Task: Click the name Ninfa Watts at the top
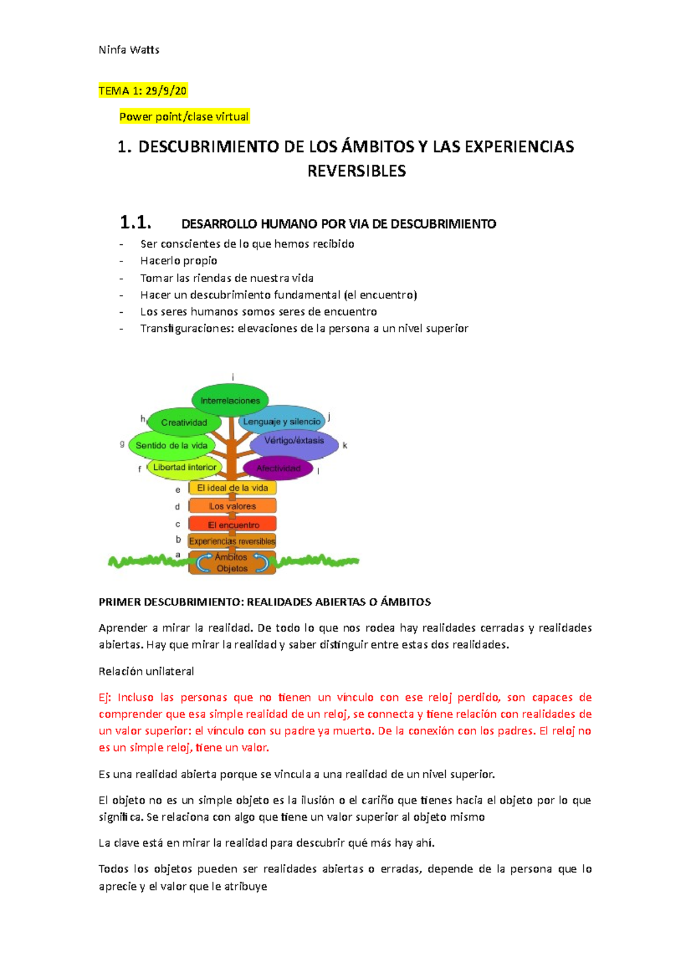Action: point(129,50)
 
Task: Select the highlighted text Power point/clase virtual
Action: point(184,116)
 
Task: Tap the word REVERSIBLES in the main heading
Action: point(356,171)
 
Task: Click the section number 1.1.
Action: point(135,222)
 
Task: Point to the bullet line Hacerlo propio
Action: point(179,260)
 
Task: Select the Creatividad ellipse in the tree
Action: point(184,422)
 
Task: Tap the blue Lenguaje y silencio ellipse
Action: point(282,422)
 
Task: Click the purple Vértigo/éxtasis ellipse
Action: point(294,441)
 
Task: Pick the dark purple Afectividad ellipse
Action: point(278,468)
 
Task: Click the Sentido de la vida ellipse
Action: point(172,445)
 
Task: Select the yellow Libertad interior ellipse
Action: point(184,467)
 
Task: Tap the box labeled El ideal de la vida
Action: point(233,488)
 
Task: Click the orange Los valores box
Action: point(233,506)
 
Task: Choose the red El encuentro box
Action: point(233,525)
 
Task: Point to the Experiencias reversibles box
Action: point(232,541)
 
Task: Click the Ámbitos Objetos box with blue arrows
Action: point(232,563)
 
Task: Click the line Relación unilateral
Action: point(146,671)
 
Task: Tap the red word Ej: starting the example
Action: point(104,698)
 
